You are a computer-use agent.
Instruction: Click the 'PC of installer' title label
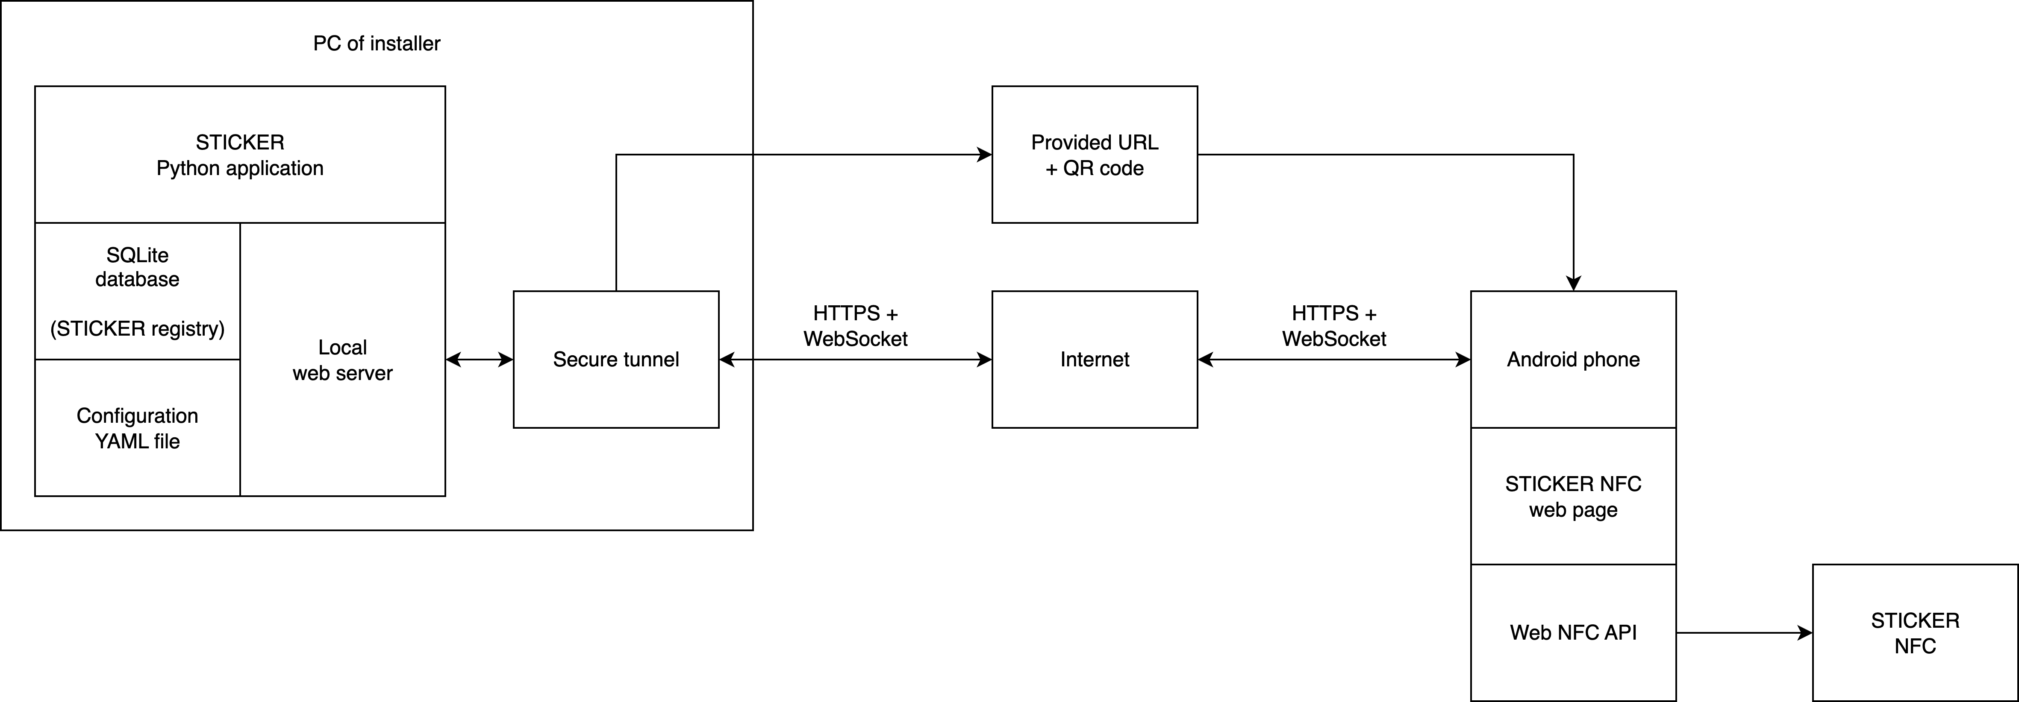(x=376, y=43)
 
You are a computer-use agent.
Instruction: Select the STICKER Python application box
(x=240, y=154)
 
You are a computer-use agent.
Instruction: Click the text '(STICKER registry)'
(x=137, y=328)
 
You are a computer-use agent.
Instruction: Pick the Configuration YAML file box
(x=137, y=428)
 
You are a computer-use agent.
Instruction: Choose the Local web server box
(x=342, y=360)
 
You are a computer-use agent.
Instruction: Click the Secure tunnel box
(x=616, y=360)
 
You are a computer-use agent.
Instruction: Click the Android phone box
(x=1573, y=360)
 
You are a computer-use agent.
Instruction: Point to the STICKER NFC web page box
(x=1573, y=496)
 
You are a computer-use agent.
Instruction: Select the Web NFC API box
(x=1573, y=632)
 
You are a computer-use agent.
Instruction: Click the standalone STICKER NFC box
(x=1915, y=632)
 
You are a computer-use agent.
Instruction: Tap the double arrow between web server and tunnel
(x=479, y=360)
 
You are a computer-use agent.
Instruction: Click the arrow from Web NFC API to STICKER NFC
(x=1744, y=632)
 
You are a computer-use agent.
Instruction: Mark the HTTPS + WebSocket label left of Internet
(x=855, y=326)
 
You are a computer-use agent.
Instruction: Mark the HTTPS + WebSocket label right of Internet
(x=1334, y=326)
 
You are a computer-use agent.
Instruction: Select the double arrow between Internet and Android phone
(x=1334, y=360)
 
